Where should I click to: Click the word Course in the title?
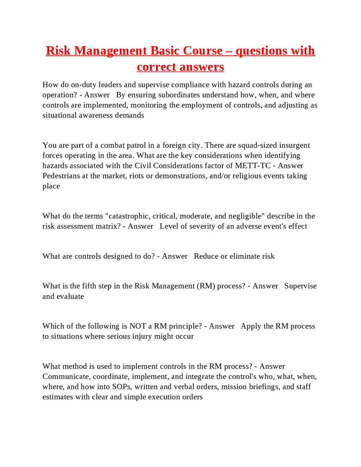click(x=202, y=51)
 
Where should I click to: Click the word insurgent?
click(x=294, y=145)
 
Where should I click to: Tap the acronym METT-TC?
click(x=253, y=166)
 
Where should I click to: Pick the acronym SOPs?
click(x=121, y=387)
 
